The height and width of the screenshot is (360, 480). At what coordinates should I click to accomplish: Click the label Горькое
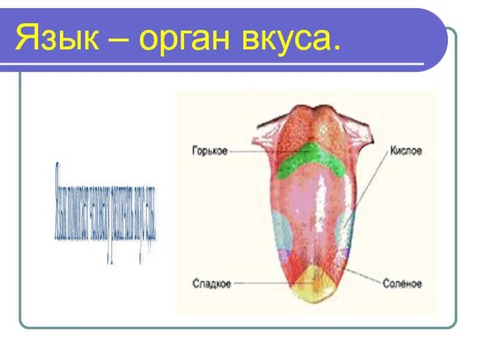[210, 151]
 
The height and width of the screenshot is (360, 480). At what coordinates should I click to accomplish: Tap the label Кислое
[406, 151]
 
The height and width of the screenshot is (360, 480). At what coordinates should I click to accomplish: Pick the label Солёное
[402, 283]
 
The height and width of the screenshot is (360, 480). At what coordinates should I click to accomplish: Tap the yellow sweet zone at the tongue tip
[311, 285]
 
